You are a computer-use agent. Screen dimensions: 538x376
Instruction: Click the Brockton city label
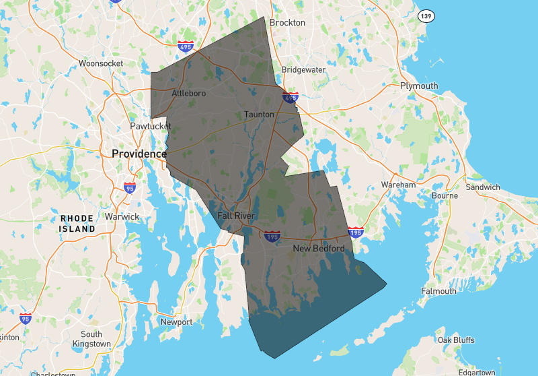(x=287, y=22)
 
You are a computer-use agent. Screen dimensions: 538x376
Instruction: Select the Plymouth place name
(x=418, y=86)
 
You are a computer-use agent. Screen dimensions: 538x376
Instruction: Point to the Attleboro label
(x=188, y=93)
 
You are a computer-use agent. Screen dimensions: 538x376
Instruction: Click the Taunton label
(x=260, y=115)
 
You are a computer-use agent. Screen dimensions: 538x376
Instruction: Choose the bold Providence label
(x=139, y=154)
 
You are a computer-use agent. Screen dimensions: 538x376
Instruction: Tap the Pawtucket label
(x=151, y=126)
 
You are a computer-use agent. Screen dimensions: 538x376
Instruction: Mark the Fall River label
(x=237, y=216)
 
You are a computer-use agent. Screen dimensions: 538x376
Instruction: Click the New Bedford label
(x=319, y=249)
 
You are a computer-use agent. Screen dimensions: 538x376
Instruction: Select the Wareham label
(x=398, y=184)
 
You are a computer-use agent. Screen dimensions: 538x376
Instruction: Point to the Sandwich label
(x=483, y=187)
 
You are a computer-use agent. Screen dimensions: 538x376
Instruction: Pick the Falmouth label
(x=438, y=291)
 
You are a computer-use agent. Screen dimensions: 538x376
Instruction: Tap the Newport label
(x=176, y=322)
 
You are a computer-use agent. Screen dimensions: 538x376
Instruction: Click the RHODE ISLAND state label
(x=77, y=224)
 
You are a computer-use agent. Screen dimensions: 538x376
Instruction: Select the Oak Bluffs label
(x=457, y=340)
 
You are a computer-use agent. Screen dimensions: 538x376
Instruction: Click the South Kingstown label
(x=91, y=339)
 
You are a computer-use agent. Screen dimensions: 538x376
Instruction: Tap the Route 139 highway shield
(x=424, y=15)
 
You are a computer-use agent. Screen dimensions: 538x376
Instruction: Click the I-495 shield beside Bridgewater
(x=291, y=98)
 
